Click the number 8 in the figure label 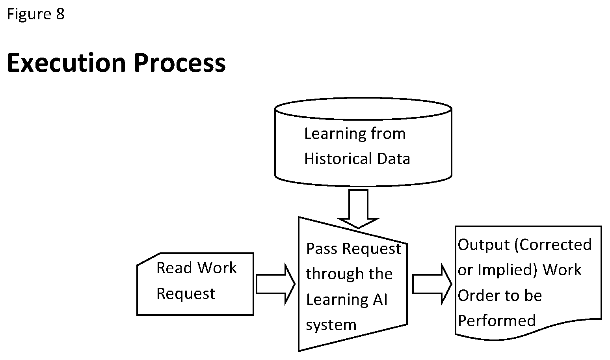point(60,14)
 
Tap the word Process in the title point(180,63)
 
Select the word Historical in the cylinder point(338,159)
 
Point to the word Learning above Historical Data point(335,134)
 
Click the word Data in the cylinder point(394,159)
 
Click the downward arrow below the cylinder point(358,209)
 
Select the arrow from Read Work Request point(275,284)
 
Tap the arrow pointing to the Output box point(432,284)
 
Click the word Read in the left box point(174,268)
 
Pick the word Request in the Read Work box point(186,294)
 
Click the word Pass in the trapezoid point(322,249)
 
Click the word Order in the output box point(479,296)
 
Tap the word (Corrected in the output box point(553,245)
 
